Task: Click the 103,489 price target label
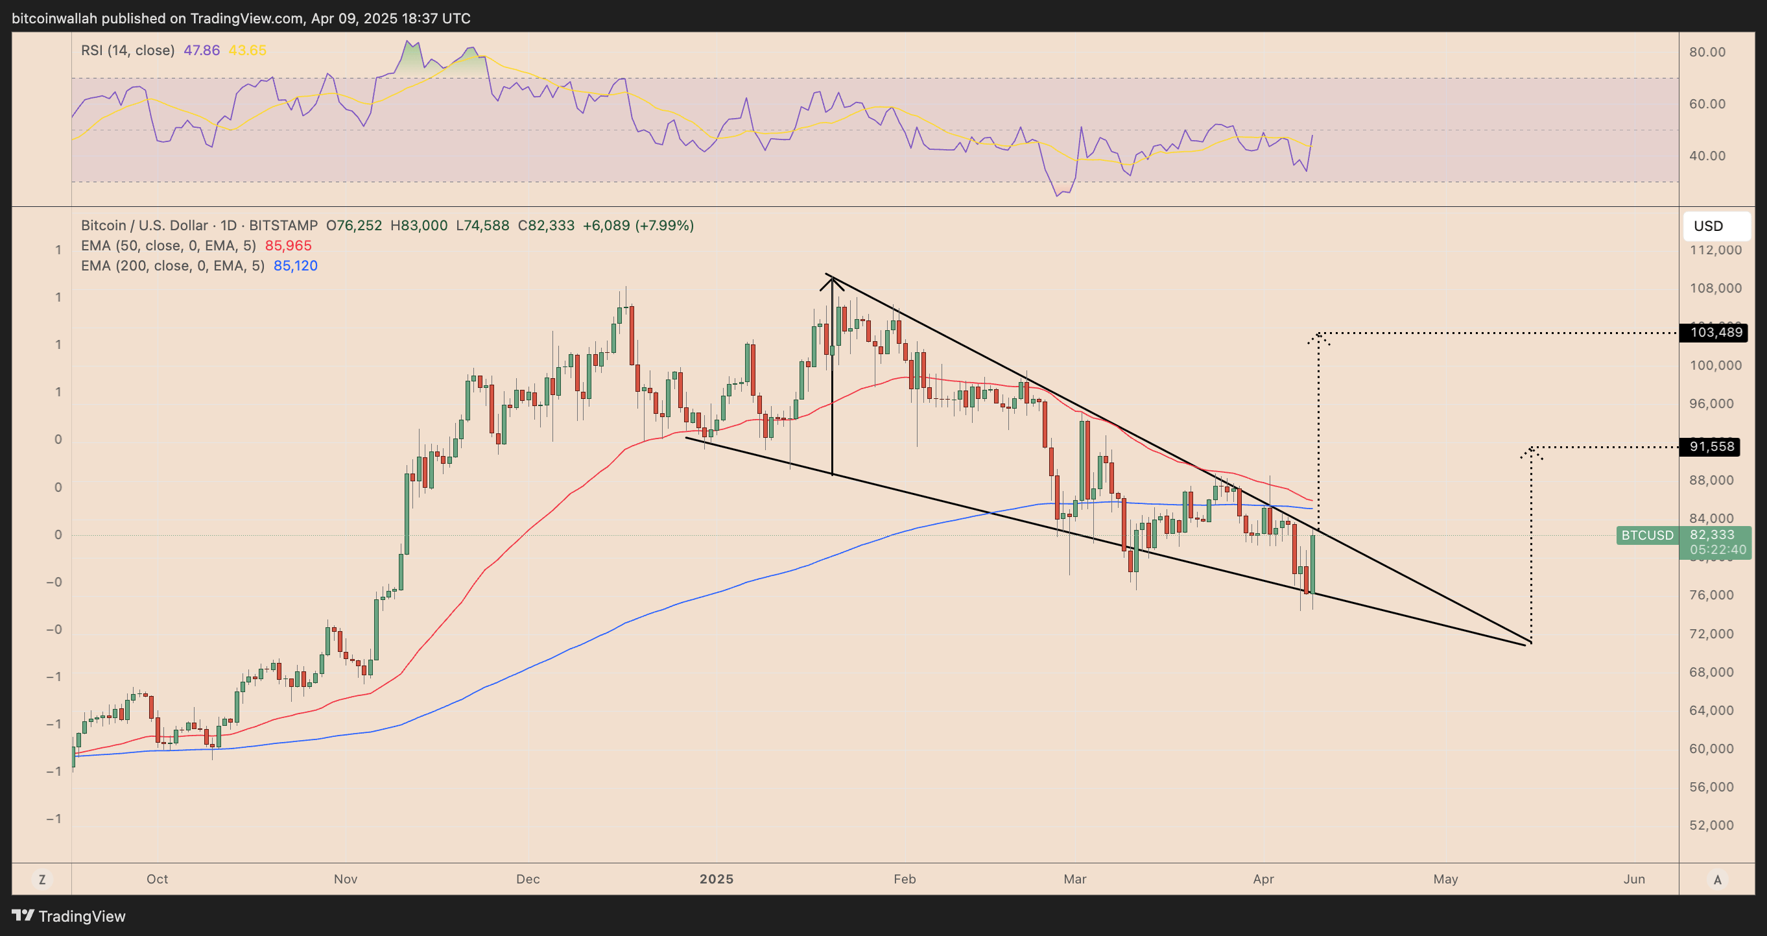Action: pos(1716,333)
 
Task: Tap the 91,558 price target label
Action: pos(1712,447)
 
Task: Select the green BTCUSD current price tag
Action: pos(1647,535)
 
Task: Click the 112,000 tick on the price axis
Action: pos(1715,250)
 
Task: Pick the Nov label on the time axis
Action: pos(346,879)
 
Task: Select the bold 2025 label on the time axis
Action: pos(716,879)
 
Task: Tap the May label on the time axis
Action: pos(1445,879)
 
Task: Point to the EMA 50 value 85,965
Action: pos(288,246)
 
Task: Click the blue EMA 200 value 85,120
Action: pos(296,265)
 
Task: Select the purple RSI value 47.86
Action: pos(202,50)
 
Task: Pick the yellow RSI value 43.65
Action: pos(247,50)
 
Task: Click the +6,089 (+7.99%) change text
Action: pos(638,226)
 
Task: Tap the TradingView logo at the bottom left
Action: pos(69,916)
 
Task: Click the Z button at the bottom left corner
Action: pos(42,879)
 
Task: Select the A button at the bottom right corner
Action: pos(1717,879)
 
